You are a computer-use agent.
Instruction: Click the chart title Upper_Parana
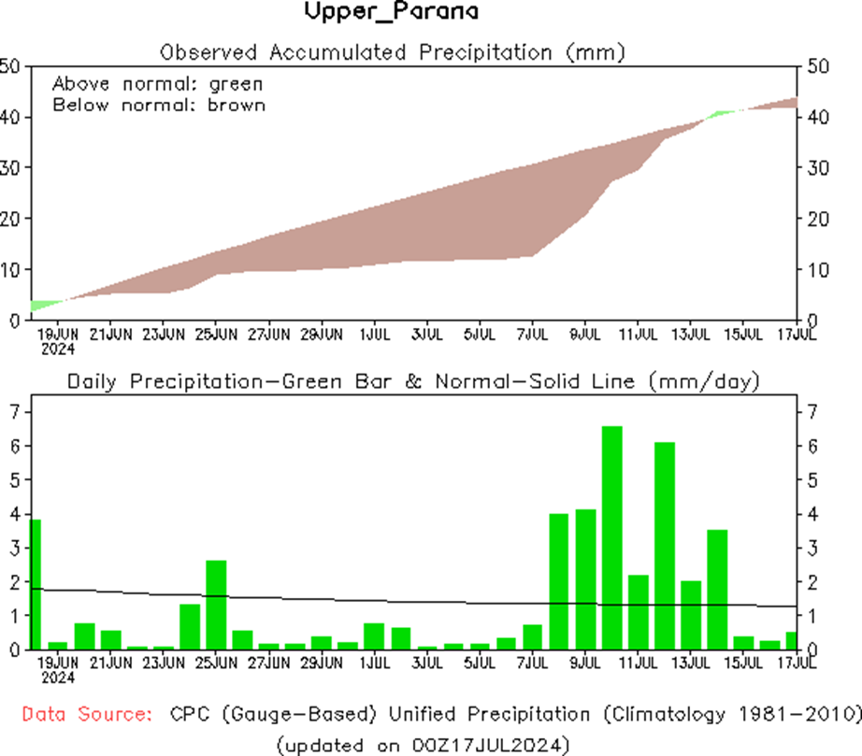tap(392, 12)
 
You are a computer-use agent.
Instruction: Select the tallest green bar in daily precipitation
tap(611, 537)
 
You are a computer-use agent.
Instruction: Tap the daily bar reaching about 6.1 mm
tap(664, 546)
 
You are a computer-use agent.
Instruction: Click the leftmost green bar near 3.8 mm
tap(36, 584)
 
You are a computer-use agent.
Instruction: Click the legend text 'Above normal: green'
tap(157, 83)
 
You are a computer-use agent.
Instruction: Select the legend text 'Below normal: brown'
tap(159, 105)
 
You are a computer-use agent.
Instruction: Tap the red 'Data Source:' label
tap(88, 715)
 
